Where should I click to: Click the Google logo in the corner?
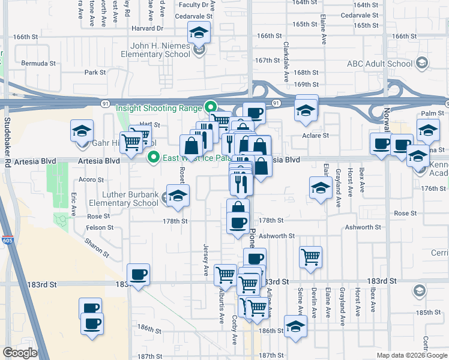click(19, 353)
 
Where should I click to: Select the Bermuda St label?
click(38, 62)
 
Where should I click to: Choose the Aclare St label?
click(316, 136)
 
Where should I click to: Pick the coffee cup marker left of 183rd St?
click(139, 274)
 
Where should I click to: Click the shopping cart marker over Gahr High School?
click(131, 142)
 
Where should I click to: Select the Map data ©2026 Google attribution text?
click(412, 355)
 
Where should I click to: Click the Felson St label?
click(100, 228)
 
